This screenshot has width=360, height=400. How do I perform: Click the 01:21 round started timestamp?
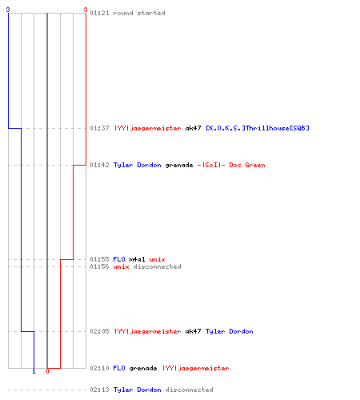[99, 13]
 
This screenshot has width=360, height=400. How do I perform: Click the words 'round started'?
[139, 13]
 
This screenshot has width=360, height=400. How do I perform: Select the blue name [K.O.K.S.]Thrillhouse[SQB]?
[258, 128]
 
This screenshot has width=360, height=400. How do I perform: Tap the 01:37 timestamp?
[99, 128]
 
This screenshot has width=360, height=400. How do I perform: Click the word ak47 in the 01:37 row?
[193, 128]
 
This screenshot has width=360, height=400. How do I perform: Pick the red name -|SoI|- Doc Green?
[231, 165]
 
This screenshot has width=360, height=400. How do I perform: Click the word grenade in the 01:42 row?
[179, 166]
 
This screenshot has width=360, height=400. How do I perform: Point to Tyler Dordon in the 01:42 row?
[138, 165]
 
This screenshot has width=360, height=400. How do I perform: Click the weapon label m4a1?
[137, 259]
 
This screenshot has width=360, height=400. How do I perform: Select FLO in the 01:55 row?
[119, 259]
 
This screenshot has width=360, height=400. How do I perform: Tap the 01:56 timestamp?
[99, 266]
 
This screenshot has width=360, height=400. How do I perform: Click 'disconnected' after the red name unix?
[157, 266]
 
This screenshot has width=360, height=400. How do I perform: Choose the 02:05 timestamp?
[99, 331]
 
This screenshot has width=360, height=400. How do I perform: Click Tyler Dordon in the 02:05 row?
[230, 331]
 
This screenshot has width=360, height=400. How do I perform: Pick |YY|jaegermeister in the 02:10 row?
[196, 369]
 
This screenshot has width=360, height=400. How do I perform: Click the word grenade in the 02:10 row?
[143, 369]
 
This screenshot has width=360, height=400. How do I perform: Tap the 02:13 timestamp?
[99, 390]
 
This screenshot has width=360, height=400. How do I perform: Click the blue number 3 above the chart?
[8, 10]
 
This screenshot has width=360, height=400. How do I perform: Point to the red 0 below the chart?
[47, 371]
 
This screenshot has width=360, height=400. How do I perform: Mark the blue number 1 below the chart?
[34, 371]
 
